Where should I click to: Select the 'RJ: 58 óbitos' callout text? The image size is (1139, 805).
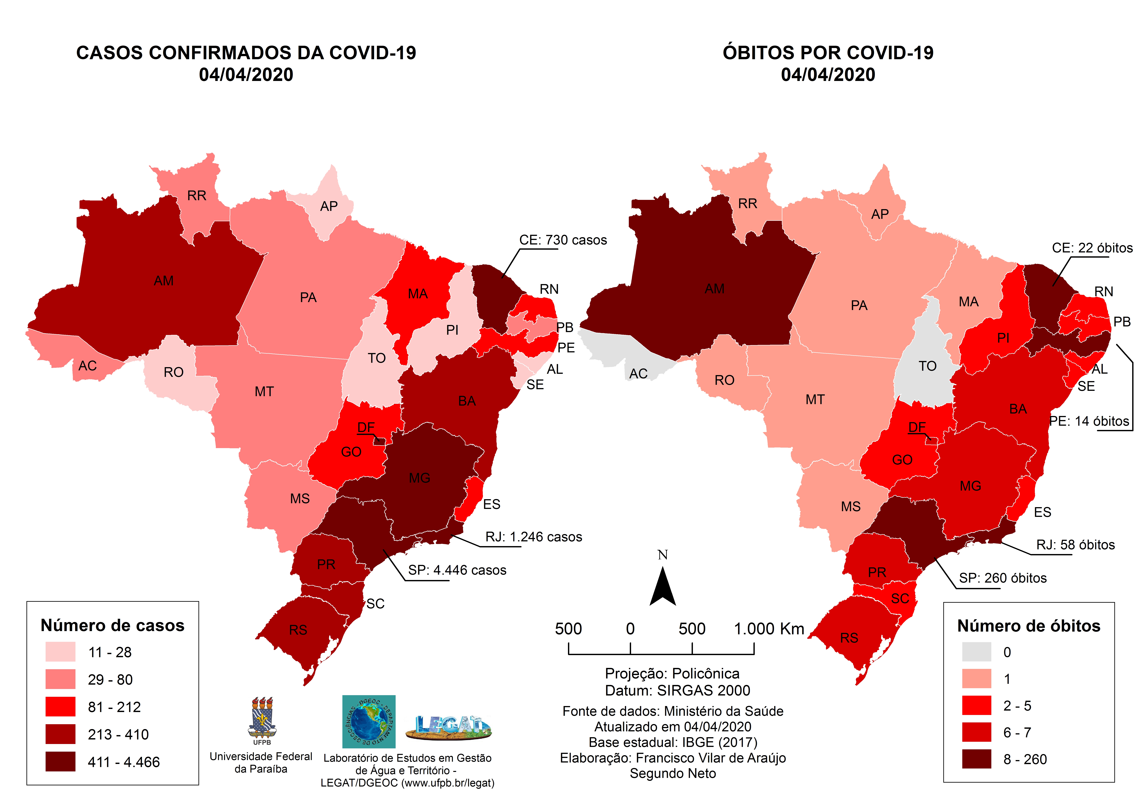(1075, 545)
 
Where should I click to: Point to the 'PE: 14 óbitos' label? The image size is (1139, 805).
(1089, 421)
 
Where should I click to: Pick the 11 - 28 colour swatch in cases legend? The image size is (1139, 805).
(61, 652)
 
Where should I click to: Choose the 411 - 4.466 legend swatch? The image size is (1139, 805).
(61, 761)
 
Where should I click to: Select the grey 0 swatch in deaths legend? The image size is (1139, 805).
(976, 652)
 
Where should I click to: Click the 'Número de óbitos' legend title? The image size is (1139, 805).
(1028, 626)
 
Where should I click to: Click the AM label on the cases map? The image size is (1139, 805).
(164, 281)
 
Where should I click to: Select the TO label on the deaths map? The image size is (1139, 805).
(927, 366)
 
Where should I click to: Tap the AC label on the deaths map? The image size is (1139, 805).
(638, 373)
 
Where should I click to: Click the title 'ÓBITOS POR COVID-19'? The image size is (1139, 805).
(828, 53)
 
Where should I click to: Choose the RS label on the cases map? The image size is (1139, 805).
(298, 630)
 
